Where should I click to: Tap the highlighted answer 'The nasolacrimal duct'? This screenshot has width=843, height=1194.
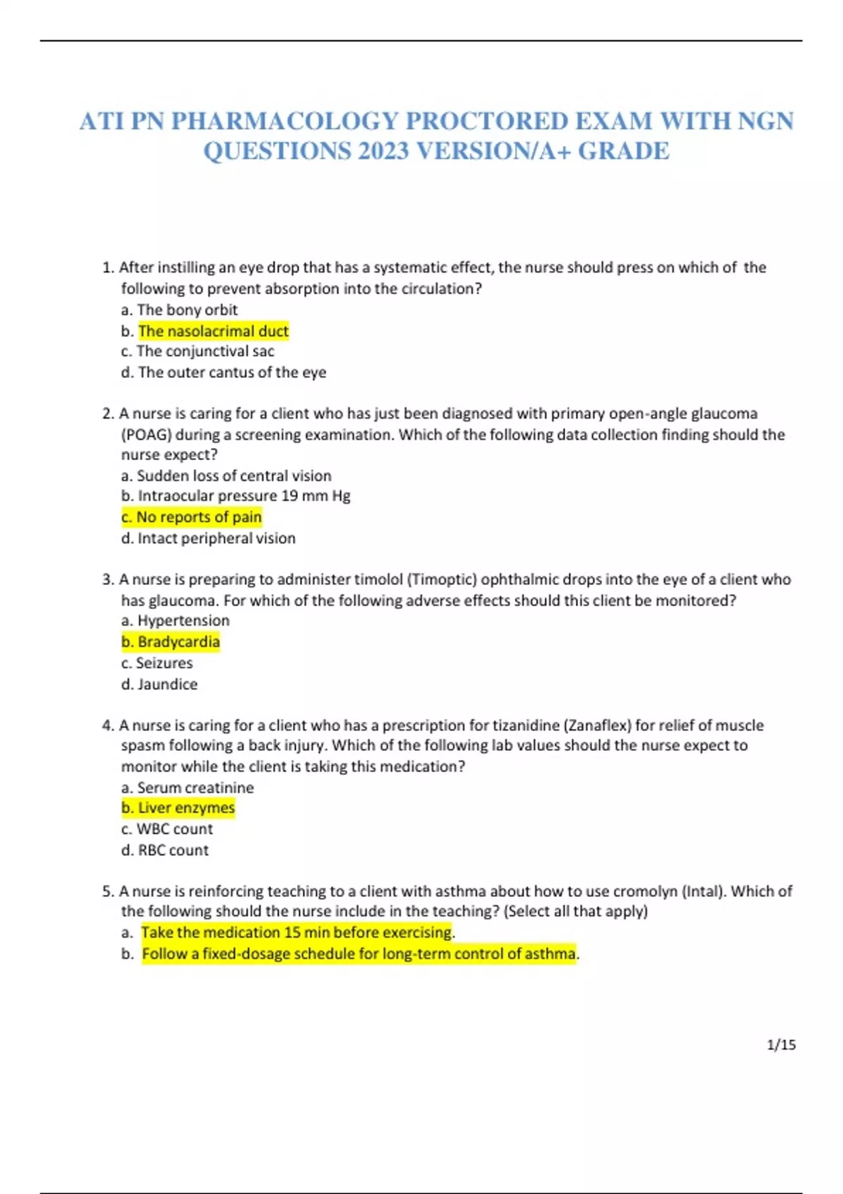point(213,331)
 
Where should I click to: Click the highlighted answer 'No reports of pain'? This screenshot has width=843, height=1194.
point(191,517)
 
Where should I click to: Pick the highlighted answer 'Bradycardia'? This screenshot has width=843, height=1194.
point(171,642)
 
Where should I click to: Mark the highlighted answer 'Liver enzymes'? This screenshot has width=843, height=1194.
point(178,808)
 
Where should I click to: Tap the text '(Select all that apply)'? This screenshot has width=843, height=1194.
point(576,912)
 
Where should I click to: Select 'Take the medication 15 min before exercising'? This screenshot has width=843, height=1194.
point(296,933)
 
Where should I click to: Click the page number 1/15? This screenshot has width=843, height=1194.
point(781,1045)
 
